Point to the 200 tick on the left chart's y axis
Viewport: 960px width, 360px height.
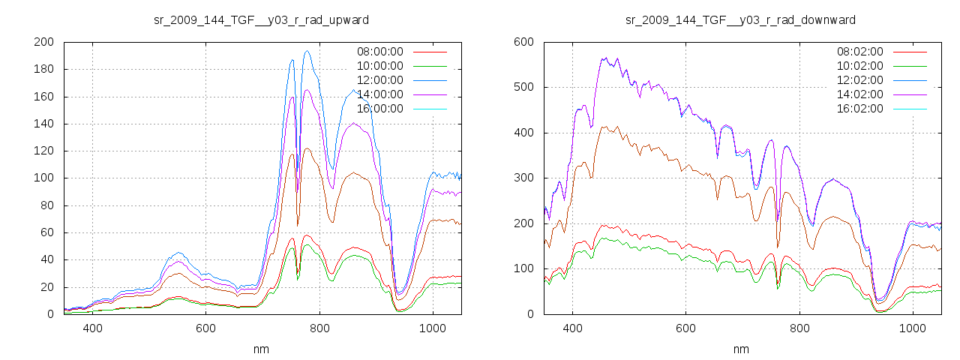tap(43, 42)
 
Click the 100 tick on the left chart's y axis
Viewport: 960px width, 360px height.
tap(43, 178)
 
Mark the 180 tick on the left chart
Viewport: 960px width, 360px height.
tap(43, 70)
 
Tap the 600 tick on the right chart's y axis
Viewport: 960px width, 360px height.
tap(523, 42)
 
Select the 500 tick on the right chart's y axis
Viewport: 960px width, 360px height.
tap(523, 88)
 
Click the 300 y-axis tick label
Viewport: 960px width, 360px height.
tap(523, 178)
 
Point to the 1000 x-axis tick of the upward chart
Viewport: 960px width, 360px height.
tap(433, 328)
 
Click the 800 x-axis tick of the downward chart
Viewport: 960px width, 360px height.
tap(799, 328)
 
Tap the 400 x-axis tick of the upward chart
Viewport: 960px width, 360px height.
tap(93, 328)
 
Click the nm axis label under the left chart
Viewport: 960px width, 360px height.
tap(262, 349)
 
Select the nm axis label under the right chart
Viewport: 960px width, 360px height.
tap(742, 349)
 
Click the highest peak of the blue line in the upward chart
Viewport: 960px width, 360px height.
tap(307, 51)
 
